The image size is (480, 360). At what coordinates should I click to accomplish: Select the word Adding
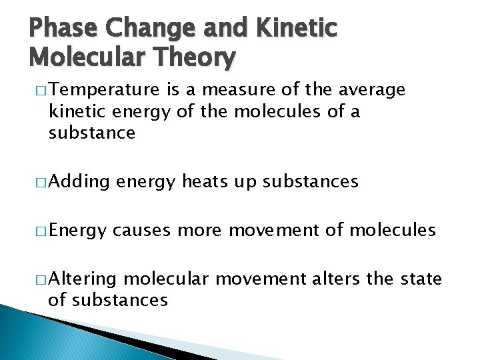(79, 181)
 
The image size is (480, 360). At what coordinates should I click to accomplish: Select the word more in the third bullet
(201, 231)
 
